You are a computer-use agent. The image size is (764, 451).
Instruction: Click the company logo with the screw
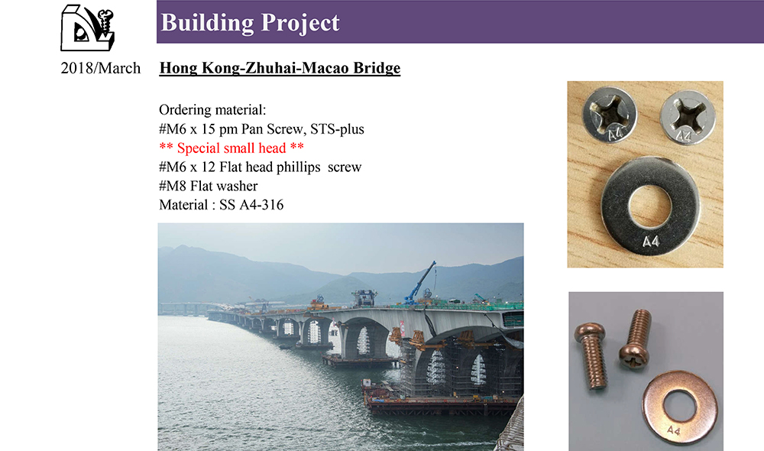[x=87, y=28]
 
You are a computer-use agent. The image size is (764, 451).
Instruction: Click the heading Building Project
[x=250, y=22]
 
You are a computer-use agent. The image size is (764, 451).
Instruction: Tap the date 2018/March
[x=100, y=68]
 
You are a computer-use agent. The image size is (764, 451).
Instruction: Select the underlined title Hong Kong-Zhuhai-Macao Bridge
[x=280, y=68]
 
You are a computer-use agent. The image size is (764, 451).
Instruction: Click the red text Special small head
[x=231, y=148]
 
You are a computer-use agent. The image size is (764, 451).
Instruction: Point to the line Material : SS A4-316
[x=222, y=205]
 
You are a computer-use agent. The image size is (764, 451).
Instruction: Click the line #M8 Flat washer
[x=208, y=186]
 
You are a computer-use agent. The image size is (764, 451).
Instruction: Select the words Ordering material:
[x=212, y=110]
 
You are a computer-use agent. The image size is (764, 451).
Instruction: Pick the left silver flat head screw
[x=610, y=114]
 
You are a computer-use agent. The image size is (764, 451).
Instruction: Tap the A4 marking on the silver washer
[x=650, y=242]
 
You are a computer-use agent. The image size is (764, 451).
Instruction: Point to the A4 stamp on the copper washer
[x=673, y=430]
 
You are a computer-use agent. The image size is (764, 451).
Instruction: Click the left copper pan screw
[x=591, y=355]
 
